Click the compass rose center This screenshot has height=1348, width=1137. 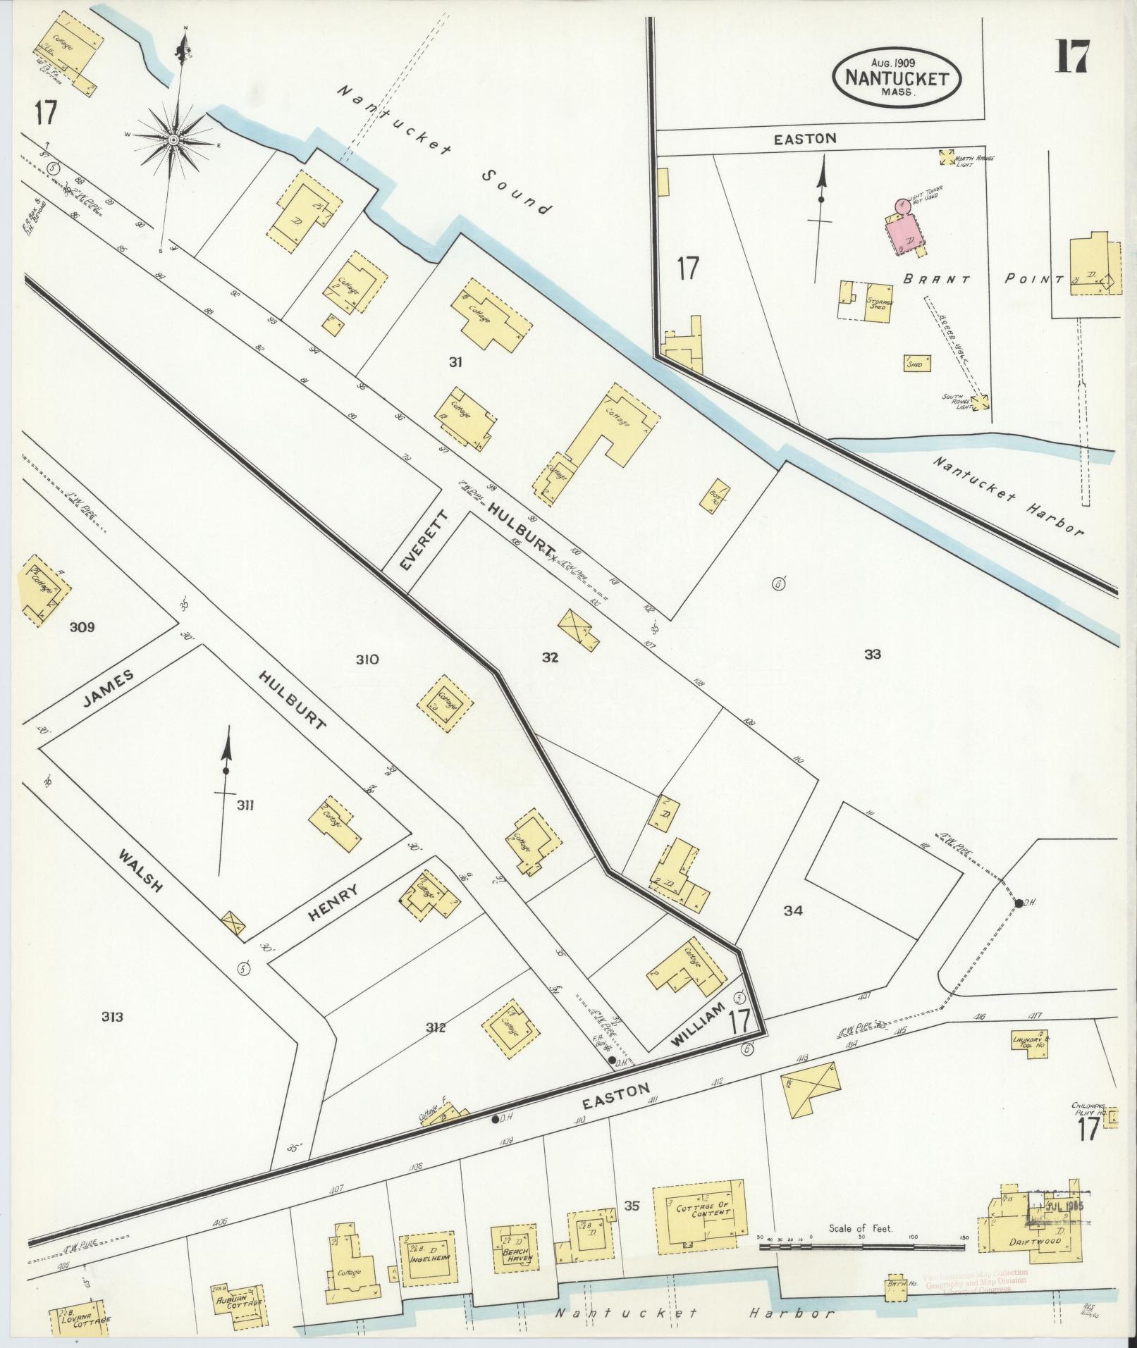pyautogui.click(x=173, y=141)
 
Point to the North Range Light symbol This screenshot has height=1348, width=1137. pyautogui.click(x=947, y=156)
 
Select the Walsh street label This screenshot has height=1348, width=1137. pyautogui.click(x=141, y=870)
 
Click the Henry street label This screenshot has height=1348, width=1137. pyautogui.click(x=333, y=904)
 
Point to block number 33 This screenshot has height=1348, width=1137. pyautogui.click(x=873, y=655)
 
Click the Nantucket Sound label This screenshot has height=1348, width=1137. pyautogui.click(x=442, y=149)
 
